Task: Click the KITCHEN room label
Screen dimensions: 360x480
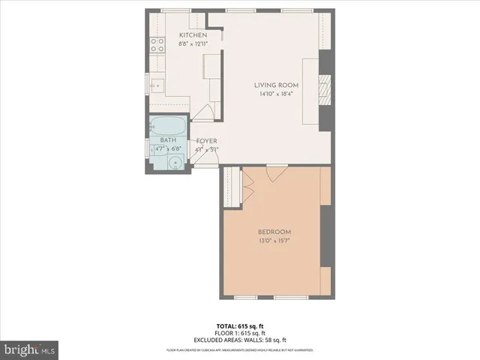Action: click(193, 35)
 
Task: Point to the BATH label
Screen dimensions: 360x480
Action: click(169, 140)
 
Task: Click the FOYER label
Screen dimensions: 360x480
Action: click(207, 141)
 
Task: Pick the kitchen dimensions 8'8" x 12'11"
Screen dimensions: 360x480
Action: click(193, 43)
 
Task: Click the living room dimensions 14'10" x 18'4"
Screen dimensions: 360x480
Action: click(276, 94)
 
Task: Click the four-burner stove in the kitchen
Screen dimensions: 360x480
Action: click(157, 46)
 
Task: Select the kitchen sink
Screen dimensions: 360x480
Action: click(157, 84)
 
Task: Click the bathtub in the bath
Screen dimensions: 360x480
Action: click(168, 125)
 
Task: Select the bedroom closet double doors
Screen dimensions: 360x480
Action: click(247, 187)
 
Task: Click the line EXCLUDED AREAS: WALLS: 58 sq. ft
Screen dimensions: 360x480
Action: click(240, 339)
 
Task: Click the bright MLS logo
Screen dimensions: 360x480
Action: click(30, 349)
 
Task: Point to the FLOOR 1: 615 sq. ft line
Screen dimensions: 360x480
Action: click(240, 332)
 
